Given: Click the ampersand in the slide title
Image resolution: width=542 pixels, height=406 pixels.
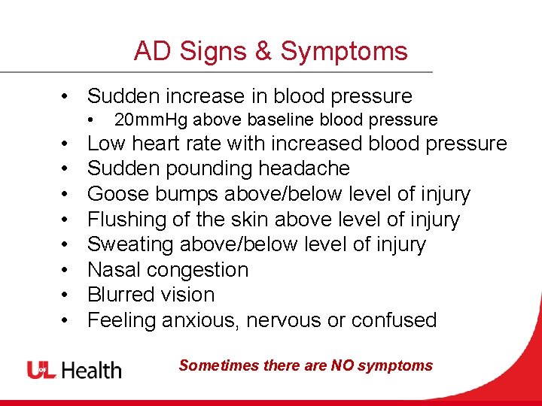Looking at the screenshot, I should coord(263,51).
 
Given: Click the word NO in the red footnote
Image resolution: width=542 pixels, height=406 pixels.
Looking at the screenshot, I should coord(343,366).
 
